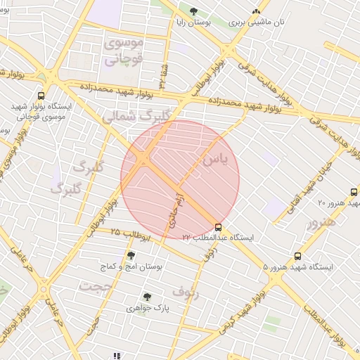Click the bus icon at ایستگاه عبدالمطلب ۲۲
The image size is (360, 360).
219,228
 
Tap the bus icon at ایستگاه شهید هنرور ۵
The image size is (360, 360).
297,257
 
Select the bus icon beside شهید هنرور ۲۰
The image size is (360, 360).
353,192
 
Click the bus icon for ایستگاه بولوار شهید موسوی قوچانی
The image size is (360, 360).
41,96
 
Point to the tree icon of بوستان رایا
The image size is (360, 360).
193,11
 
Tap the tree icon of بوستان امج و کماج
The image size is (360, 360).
131,255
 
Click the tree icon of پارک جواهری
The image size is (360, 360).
146,297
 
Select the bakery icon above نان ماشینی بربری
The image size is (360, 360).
256,11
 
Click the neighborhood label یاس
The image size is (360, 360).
215,160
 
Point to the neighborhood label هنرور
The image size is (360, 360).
321,222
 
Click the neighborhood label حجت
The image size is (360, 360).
96,286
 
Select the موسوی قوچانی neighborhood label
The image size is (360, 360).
124,51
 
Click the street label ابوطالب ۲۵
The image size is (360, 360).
130,233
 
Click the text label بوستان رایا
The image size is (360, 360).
193,22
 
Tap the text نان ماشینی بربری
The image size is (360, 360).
257,22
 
